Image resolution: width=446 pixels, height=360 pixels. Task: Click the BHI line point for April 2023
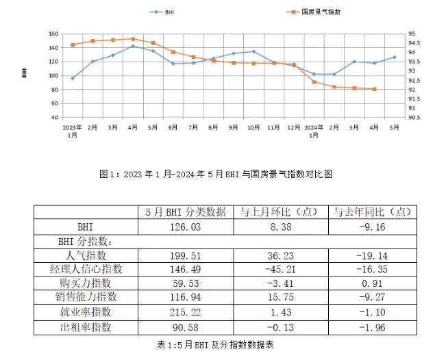pyautogui.click(x=133, y=46)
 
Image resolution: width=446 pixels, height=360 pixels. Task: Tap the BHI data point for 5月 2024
pyautogui.click(x=395, y=57)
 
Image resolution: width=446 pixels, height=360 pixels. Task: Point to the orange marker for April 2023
pyautogui.click(x=133, y=39)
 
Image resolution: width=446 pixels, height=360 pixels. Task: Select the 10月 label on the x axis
pyautogui.click(x=253, y=127)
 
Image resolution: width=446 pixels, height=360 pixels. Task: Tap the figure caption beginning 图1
pyautogui.click(x=216, y=174)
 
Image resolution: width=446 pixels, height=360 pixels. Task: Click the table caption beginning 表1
pyautogui.click(x=216, y=343)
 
